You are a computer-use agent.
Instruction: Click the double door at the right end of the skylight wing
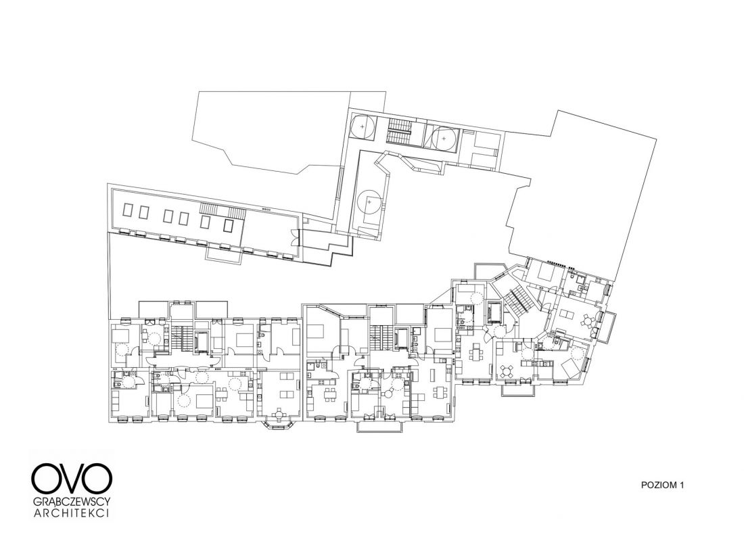(295, 236)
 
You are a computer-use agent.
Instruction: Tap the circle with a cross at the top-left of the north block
(363, 126)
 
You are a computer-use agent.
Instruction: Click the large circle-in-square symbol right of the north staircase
(444, 139)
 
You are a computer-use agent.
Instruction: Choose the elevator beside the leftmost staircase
(200, 341)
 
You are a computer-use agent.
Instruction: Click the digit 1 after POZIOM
(682, 485)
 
